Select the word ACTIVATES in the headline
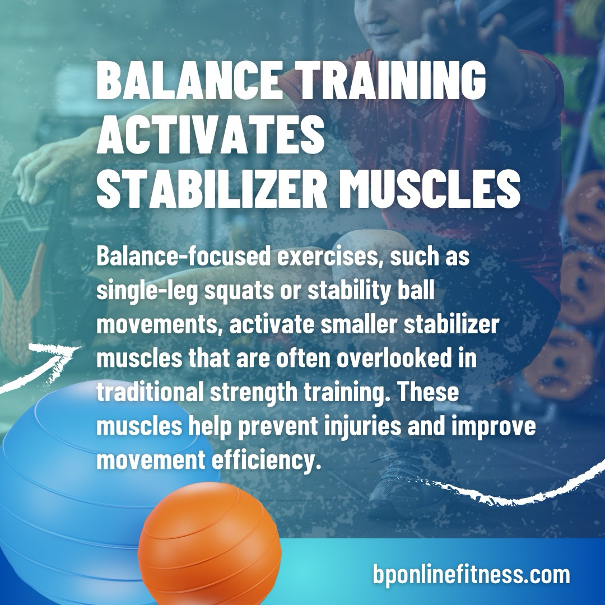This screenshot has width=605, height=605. pyautogui.click(x=210, y=136)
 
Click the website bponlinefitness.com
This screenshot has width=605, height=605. pyautogui.click(x=471, y=575)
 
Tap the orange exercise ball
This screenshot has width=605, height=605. pyautogui.click(x=210, y=543)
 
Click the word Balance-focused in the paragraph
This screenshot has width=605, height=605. pyautogui.click(x=184, y=257)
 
